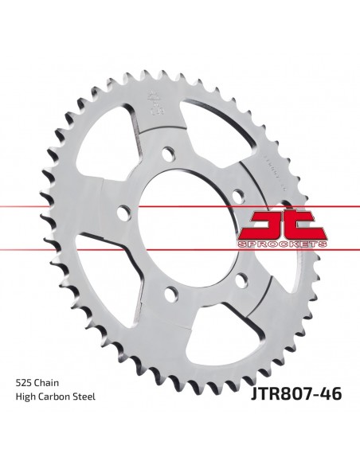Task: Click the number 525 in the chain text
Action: pyautogui.click(x=24, y=404)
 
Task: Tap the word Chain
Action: pyautogui.click(x=48, y=404)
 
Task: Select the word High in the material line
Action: pyautogui.click(x=25, y=420)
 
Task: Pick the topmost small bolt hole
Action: pyautogui.click(x=168, y=151)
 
